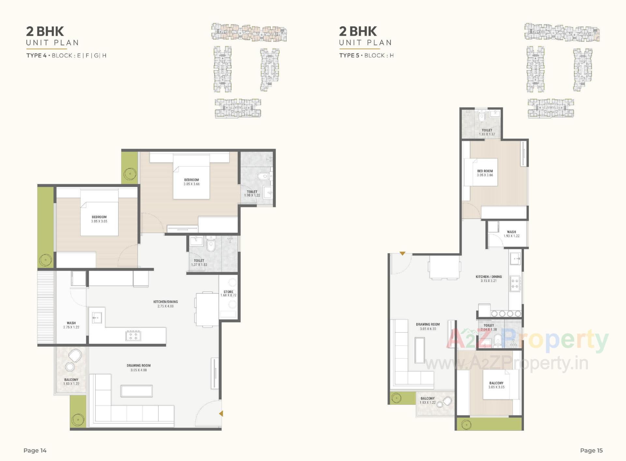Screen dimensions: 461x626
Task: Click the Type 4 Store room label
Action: click(x=228, y=294)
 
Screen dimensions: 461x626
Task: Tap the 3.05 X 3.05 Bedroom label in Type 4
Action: click(x=99, y=219)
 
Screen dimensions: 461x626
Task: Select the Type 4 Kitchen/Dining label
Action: click(x=166, y=304)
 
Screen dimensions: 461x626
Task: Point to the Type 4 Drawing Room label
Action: click(x=139, y=367)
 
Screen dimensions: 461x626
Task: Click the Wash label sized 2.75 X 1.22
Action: click(x=71, y=325)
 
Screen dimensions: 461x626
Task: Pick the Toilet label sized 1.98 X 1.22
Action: click(x=252, y=194)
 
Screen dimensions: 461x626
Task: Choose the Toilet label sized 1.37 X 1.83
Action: click(x=199, y=262)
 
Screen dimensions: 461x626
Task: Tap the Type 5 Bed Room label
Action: click(x=485, y=173)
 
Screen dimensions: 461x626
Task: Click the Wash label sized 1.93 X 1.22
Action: click(x=511, y=234)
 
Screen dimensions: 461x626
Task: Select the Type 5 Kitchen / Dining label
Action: click(x=488, y=279)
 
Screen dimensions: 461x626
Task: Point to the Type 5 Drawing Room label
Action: click(x=428, y=326)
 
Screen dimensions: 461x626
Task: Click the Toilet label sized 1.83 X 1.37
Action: click(x=487, y=132)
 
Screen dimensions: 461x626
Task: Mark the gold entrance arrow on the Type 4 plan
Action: click(x=221, y=413)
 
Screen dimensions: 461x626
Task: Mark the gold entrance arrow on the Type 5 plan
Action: click(x=402, y=253)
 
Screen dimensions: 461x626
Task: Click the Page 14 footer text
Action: click(x=35, y=450)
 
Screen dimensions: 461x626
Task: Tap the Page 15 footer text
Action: click(x=591, y=450)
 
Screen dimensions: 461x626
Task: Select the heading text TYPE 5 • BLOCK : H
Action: click(x=366, y=55)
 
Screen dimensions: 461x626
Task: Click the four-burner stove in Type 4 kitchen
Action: click(x=133, y=336)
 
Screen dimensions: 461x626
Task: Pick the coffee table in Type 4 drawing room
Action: click(x=137, y=391)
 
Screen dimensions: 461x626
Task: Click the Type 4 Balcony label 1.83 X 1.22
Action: click(x=71, y=382)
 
